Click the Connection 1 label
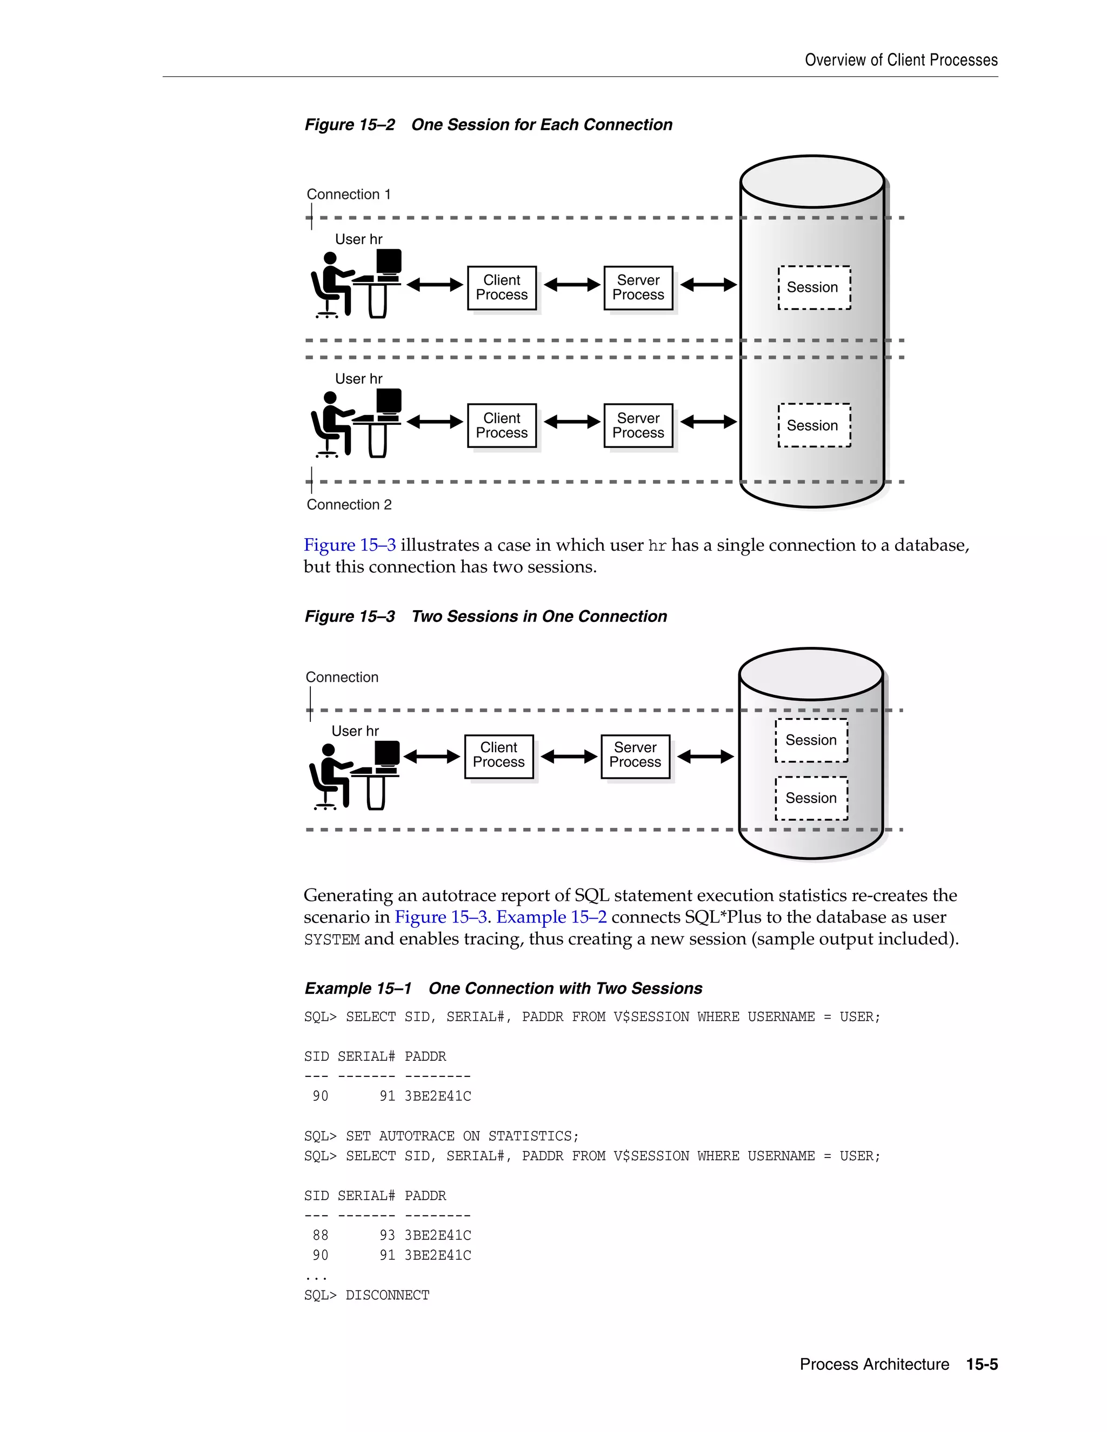pos(348,195)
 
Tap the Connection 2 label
pos(349,505)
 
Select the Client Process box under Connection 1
pos(502,288)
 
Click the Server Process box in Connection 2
pos(638,425)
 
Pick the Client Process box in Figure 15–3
pos(498,755)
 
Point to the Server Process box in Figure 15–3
pos(635,755)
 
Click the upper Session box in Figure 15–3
pos(811,740)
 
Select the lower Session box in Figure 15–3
pos(811,798)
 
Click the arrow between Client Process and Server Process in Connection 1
pos(571,285)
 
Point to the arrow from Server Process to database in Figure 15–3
pos(705,757)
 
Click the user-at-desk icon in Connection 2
pos(356,424)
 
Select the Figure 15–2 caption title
pos(489,125)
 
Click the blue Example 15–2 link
pos(551,918)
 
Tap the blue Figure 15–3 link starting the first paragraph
pos(350,546)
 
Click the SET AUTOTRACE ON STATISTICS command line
pos(442,1136)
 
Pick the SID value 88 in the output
pos(320,1236)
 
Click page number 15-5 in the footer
pos(982,1364)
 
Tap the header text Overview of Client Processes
pos(901,61)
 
